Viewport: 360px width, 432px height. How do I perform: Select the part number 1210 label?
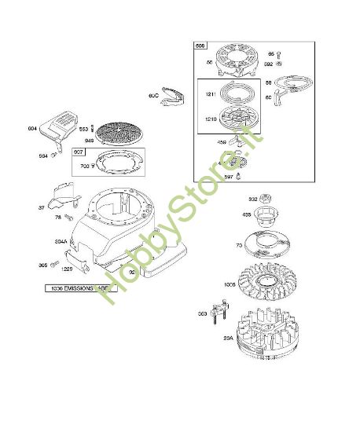click(211, 119)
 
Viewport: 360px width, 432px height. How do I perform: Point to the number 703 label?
click(85, 167)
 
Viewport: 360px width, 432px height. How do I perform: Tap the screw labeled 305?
click(55, 265)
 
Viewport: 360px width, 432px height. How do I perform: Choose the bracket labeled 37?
click(60, 196)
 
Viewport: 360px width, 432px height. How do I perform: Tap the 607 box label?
click(78, 152)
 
